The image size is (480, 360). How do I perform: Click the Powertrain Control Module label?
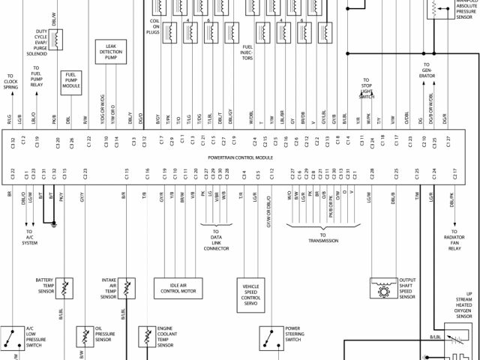coord(240,158)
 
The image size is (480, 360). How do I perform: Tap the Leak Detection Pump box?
coord(109,52)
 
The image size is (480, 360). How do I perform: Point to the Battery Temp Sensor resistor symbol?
coord(66,287)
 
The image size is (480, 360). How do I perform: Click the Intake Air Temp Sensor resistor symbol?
coord(128,287)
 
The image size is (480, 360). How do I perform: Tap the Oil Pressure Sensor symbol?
coord(84,334)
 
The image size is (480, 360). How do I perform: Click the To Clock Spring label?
coord(10,82)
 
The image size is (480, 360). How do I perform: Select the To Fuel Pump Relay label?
coord(35,77)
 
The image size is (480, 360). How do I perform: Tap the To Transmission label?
coord(323,239)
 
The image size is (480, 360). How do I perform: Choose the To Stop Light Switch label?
coord(366,88)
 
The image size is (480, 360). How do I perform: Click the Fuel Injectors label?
coord(247,53)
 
